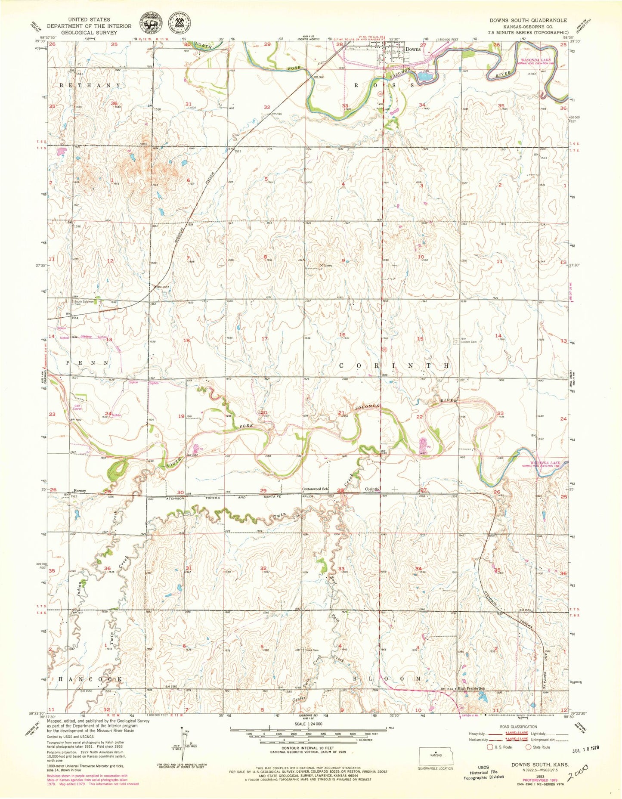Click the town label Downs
point(413,50)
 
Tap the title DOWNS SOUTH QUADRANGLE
point(528,20)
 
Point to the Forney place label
point(80,491)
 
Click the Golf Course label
point(77,407)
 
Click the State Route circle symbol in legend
point(528,747)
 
